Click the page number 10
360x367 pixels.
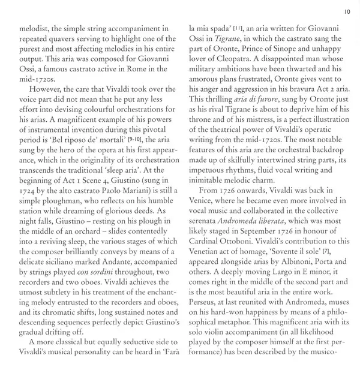pyautogui.click(x=347, y=11)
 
